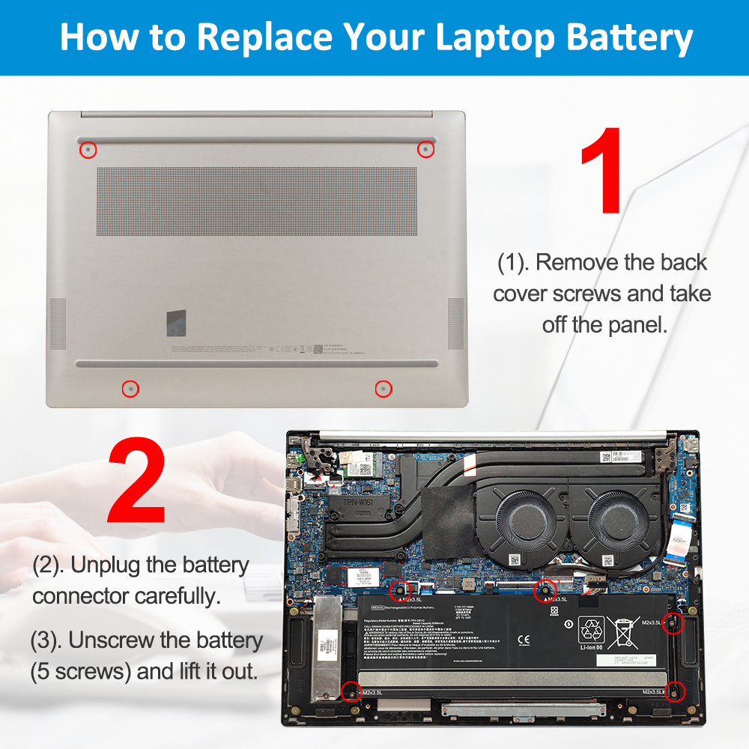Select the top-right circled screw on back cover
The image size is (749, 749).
click(x=425, y=149)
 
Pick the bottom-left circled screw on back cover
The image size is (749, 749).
click(x=130, y=389)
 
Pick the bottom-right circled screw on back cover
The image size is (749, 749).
click(x=383, y=389)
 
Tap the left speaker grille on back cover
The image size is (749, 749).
click(x=58, y=323)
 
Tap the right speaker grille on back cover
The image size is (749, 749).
click(x=455, y=323)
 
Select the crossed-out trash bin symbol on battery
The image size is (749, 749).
click(x=622, y=634)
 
